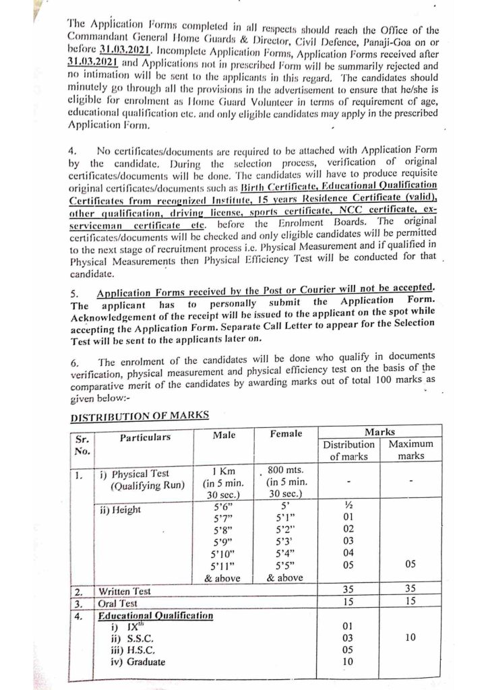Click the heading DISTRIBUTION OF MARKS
coord(138,416)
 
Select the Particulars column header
coord(145,437)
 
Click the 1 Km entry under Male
coord(222,470)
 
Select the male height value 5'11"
coord(222,565)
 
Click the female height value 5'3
coord(286,540)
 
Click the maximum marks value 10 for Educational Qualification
coord(410,637)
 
